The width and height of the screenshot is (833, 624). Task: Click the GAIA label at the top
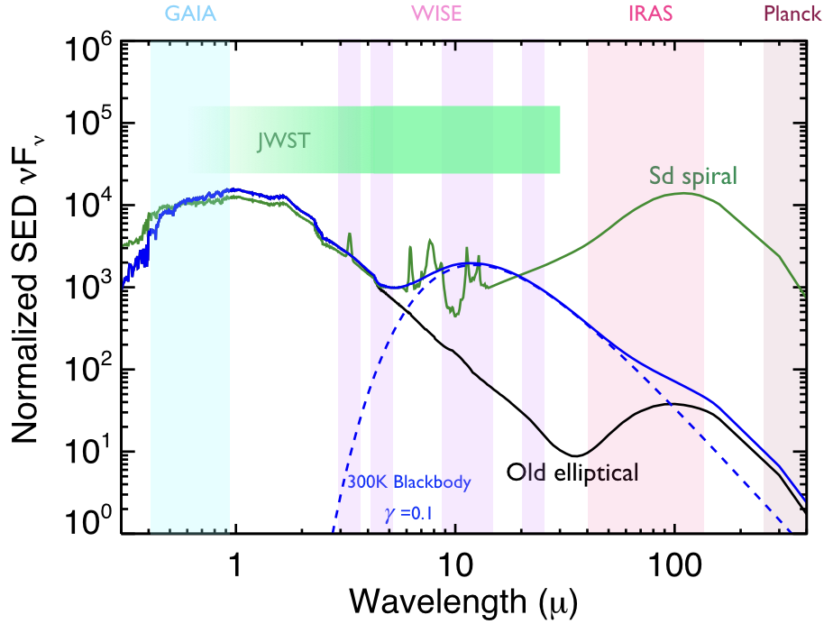click(x=190, y=14)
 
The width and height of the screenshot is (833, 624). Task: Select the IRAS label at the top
click(x=645, y=14)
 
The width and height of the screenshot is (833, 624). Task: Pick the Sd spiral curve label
click(x=692, y=173)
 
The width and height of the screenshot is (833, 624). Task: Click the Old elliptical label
click(x=572, y=472)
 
